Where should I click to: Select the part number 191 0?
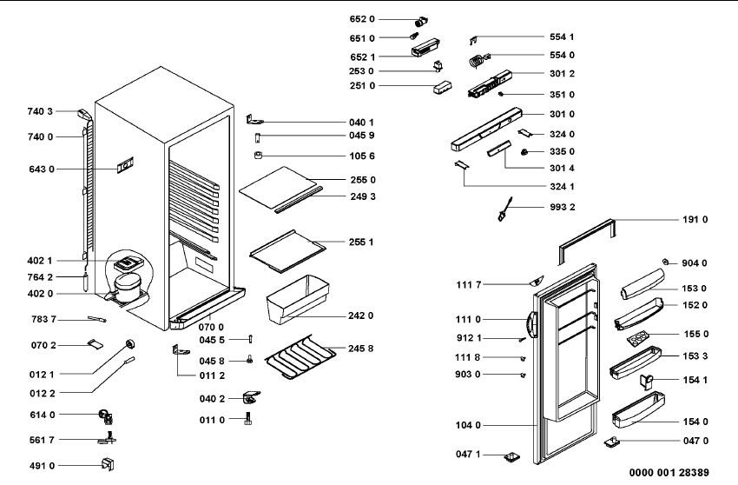pos(695,220)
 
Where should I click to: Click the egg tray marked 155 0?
pos(638,336)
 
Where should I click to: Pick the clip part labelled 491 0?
pos(108,465)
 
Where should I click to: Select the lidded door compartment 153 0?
pos(642,284)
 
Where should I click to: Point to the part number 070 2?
pos(43,345)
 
